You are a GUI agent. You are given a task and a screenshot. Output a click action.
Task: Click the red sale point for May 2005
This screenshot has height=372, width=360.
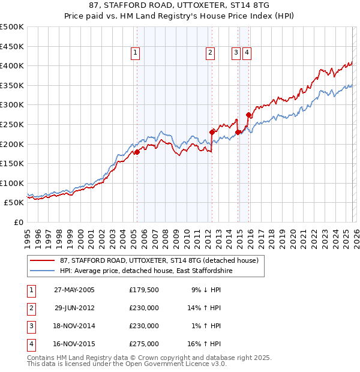(137, 152)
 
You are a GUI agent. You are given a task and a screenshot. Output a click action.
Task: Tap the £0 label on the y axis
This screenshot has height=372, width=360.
(18, 222)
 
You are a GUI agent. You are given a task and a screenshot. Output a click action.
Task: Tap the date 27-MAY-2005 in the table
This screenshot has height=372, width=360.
(74, 290)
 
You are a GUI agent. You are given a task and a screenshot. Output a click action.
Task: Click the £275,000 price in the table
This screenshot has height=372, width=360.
(144, 344)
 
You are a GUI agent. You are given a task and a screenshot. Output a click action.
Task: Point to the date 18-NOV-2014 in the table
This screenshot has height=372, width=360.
(74, 326)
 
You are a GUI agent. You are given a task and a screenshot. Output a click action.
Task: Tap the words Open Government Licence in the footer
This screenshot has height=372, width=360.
(182, 364)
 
